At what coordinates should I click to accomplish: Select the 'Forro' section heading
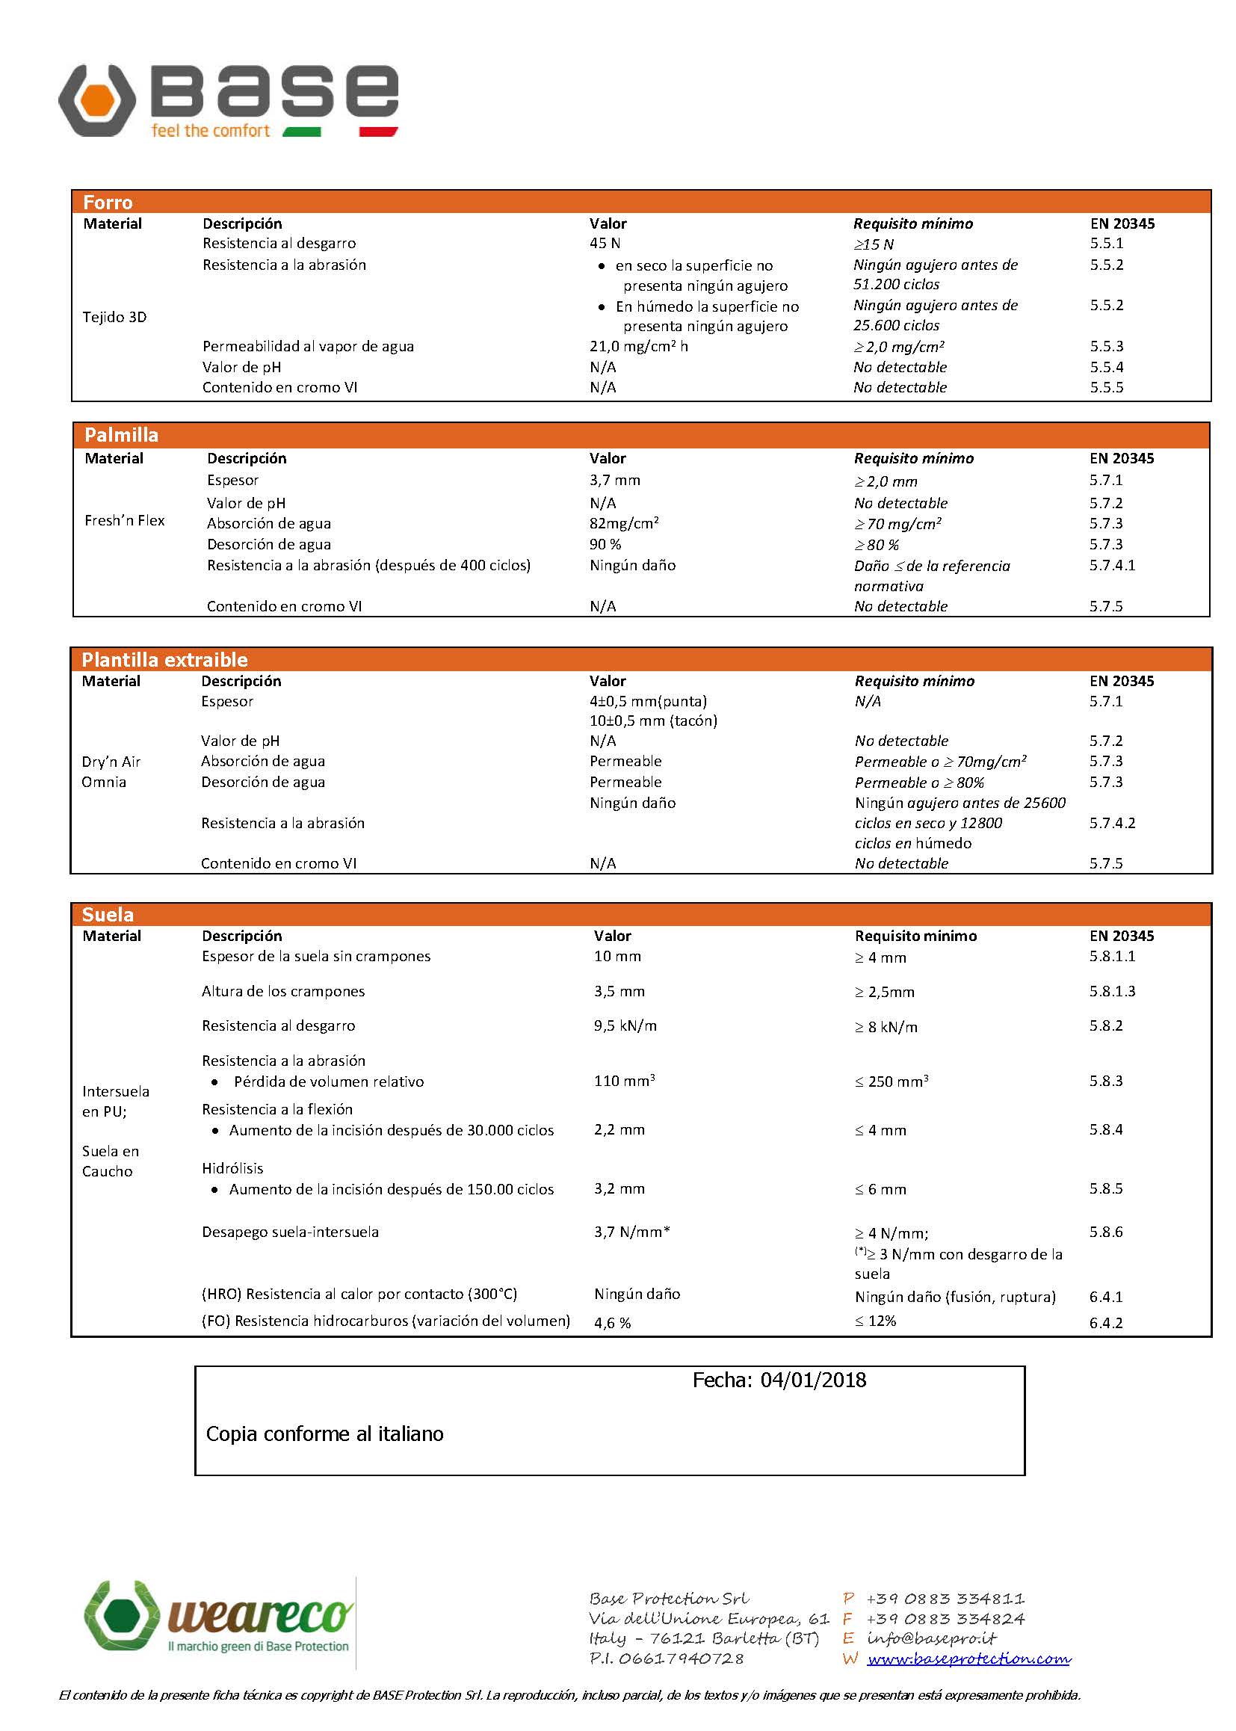[x=108, y=203]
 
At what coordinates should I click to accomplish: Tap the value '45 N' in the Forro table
[x=605, y=244]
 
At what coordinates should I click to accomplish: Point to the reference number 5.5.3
[x=1106, y=346]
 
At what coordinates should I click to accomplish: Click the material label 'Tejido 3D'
[x=114, y=318]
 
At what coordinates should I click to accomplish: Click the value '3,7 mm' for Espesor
[x=614, y=481]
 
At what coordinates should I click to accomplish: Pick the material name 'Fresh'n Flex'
[x=124, y=521]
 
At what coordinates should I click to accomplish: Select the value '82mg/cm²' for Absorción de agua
[x=623, y=524]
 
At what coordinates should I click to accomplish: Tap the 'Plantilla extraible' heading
[x=164, y=660]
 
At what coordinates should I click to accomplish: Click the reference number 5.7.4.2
[x=1112, y=823]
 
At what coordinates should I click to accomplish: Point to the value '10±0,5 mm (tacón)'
[x=653, y=721]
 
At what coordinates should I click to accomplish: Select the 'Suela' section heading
[x=108, y=915]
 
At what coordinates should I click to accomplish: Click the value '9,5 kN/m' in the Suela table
[x=625, y=1026]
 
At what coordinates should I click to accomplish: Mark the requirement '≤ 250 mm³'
[x=891, y=1082]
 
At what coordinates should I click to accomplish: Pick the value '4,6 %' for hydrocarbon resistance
[x=612, y=1323]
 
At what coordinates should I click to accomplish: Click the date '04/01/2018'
[x=813, y=1380]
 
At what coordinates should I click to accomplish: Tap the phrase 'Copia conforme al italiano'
[x=324, y=1434]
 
